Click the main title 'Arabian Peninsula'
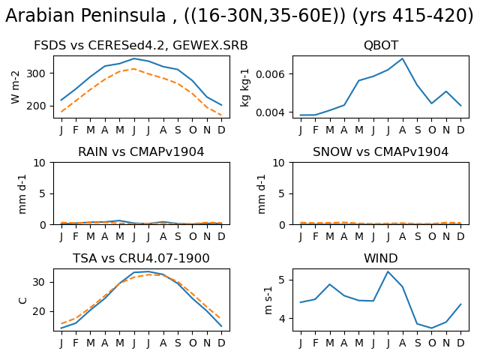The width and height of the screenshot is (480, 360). click(x=85, y=15)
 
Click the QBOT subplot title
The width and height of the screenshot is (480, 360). click(x=381, y=45)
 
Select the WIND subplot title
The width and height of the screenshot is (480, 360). click(x=381, y=258)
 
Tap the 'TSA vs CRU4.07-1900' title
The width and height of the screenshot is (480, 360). click(x=141, y=258)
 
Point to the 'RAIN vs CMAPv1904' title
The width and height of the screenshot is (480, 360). click(x=141, y=151)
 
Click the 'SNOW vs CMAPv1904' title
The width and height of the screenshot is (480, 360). click(x=380, y=151)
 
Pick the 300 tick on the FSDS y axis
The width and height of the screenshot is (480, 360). click(x=36, y=73)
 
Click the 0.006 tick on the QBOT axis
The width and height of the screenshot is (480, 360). click(x=270, y=74)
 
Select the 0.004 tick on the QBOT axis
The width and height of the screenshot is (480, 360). click(x=270, y=112)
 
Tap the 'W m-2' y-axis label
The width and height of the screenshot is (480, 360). click(x=15, y=87)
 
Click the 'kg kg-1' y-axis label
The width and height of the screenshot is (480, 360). click(x=244, y=88)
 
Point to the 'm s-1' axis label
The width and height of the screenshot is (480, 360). click(x=268, y=300)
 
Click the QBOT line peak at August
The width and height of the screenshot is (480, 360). click(x=403, y=58)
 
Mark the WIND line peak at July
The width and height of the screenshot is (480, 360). click(x=388, y=271)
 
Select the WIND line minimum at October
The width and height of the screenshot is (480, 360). click(x=432, y=328)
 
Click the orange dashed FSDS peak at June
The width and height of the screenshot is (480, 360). click(x=133, y=69)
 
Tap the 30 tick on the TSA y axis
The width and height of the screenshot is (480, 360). click(x=39, y=282)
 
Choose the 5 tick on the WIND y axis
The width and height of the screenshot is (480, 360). click(x=281, y=280)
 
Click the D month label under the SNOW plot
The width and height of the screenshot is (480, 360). click(x=460, y=236)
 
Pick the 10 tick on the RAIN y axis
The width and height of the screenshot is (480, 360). click(x=39, y=163)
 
